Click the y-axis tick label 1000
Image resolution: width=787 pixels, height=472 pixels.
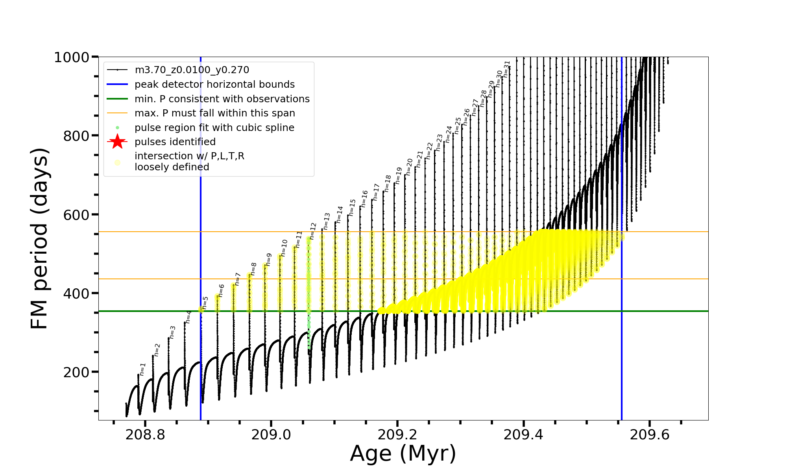point(72,57)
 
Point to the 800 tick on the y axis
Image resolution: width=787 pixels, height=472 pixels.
point(76,136)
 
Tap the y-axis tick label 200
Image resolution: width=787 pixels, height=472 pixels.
point(76,372)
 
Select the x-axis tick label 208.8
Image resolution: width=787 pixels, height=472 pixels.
point(145,435)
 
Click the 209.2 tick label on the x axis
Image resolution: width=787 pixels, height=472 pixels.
point(397,435)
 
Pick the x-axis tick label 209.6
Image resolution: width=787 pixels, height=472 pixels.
point(650,435)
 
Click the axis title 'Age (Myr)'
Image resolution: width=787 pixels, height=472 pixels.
point(403,454)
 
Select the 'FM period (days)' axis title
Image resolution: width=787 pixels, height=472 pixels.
point(40,238)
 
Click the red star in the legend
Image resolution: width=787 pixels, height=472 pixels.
point(117,142)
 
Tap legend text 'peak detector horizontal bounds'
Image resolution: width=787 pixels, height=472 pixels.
point(214,85)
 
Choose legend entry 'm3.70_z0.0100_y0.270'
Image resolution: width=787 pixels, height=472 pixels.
point(192,70)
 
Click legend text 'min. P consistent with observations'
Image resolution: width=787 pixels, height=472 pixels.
point(222,99)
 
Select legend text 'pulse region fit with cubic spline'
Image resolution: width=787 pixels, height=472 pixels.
point(214,128)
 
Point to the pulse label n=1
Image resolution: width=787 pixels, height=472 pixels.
point(143,369)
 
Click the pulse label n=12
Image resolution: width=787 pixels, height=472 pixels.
point(313,231)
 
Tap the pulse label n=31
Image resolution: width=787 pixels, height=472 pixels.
point(507,69)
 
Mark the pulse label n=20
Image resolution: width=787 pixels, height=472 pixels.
point(409,167)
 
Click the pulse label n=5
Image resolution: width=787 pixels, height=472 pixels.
point(205,302)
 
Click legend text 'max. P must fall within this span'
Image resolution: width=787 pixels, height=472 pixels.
point(214,113)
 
